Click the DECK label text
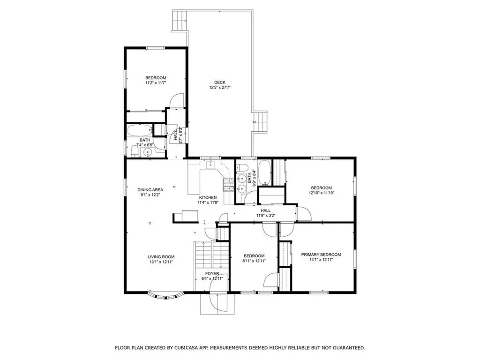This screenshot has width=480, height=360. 220,82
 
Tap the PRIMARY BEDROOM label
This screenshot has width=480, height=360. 321,255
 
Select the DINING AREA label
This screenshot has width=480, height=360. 150,190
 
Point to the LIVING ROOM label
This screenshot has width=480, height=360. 161,257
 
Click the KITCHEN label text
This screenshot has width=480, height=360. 208,197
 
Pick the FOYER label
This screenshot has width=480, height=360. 212,274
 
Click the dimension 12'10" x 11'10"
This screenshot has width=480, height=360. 321,193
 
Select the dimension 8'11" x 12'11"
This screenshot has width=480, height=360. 254,261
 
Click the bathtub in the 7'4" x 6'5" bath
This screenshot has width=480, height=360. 140,130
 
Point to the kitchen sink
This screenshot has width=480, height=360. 211,165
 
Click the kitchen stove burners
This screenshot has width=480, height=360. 228,185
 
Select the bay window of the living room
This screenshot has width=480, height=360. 165,295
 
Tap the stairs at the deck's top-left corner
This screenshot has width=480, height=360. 180,21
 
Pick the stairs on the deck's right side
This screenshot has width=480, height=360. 261,122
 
